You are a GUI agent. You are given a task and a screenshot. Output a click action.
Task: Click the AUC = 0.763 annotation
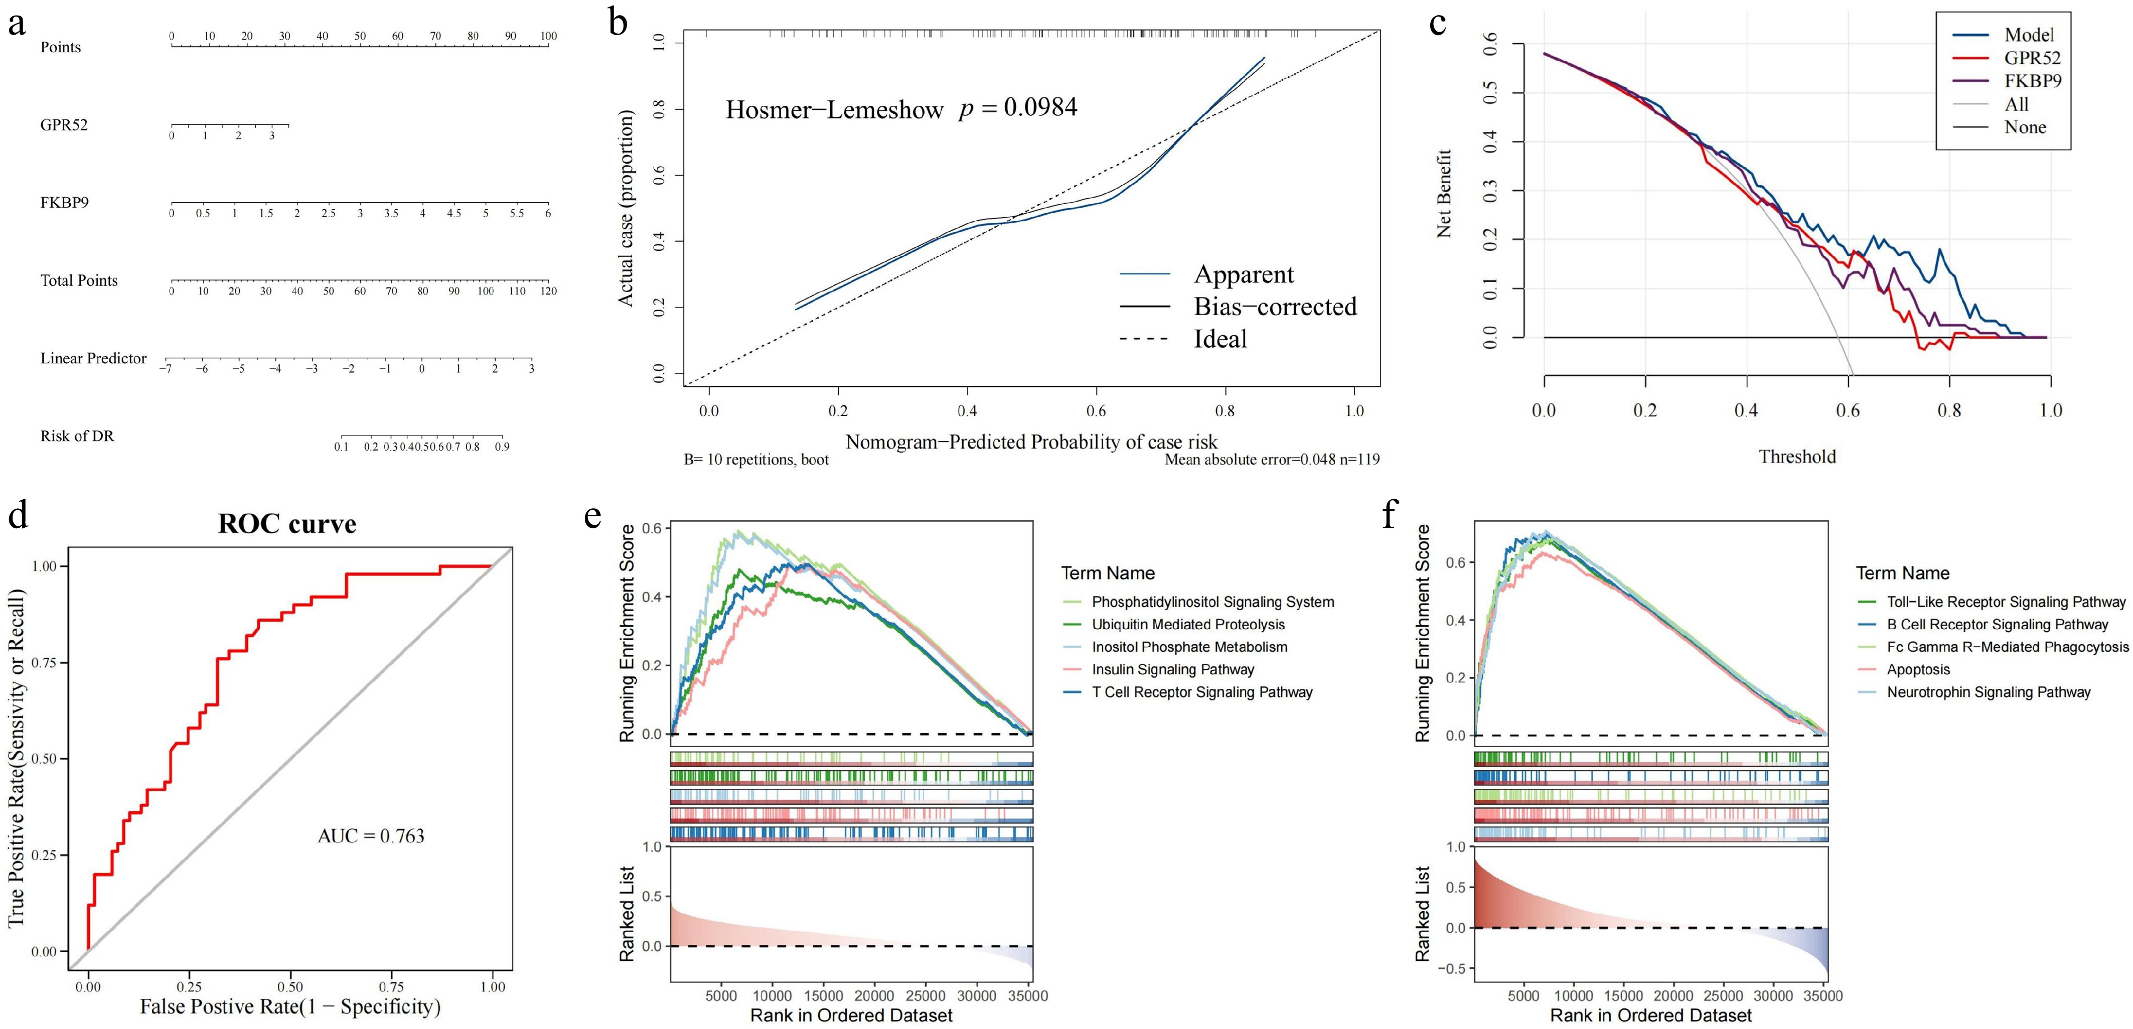pyautogui.click(x=371, y=836)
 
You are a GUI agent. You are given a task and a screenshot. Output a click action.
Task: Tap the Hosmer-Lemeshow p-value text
pyautogui.click(x=901, y=108)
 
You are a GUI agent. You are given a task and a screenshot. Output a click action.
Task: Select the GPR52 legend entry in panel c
pyautogui.click(x=2032, y=58)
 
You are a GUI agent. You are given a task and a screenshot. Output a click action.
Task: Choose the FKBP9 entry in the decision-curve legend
pyautogui.click(x=2032, y=81)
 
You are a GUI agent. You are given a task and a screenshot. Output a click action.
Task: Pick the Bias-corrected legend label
pyautogui.click(x=1275, y=307)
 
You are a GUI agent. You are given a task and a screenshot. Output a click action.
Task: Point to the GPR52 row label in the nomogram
pyautogui.click(x=64, y=125)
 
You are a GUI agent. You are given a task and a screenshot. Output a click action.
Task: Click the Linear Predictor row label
pyautogui.click(x=94, y=358)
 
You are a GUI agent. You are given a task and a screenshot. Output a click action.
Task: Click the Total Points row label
pyautogui.click(x=79, y=280)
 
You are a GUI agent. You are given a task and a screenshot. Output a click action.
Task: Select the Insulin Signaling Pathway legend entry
pyautogui.click(x=1172, y=670)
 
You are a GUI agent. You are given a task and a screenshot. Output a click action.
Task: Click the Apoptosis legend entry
pyautogui.click(x=1918, y=670)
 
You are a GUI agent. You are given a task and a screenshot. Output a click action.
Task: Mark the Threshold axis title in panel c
pyautogui.click(x=1797, y=457)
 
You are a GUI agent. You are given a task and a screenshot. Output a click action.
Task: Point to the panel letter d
pyautogui.click(x=18, y=514)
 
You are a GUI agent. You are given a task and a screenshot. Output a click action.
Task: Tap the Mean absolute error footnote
pyautogui.click(x=1272, y=460)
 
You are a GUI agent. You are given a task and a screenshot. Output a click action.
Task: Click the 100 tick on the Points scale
pyautogui.click(x=548, y=37)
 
